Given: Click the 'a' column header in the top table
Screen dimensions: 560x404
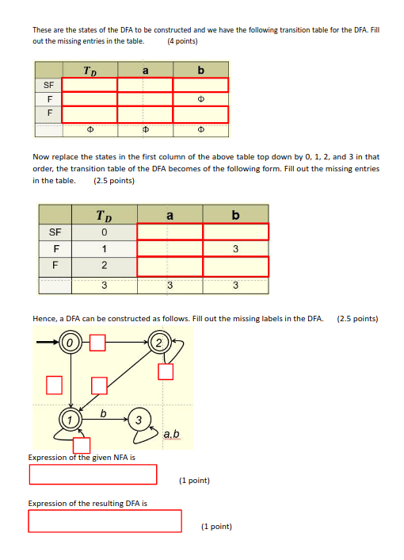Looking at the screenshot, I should coord(145,71).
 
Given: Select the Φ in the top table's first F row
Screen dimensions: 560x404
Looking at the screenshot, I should coord(200,100).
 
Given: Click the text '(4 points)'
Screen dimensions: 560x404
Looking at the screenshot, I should coord(183,40).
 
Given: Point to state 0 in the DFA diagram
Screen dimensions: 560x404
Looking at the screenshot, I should coord(71,343).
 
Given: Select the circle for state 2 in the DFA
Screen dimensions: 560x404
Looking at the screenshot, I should coord(158,343).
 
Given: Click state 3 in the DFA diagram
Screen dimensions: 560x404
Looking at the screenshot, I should coord(139,418).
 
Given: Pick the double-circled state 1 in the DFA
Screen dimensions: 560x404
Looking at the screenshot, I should coord(71,418).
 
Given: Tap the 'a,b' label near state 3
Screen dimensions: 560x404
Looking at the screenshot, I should coord(171,434).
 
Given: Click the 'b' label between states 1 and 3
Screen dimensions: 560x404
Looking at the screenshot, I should coord(104,412).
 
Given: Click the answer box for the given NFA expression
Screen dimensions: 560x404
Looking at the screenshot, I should coord(93,474).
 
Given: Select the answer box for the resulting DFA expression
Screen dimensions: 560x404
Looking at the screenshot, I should coord(105,520).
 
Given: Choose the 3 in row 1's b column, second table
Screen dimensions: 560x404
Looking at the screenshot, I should coord(235,249).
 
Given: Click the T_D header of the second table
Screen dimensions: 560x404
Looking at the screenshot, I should coord(104,215).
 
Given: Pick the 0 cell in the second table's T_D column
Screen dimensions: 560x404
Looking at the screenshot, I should coord(104,232).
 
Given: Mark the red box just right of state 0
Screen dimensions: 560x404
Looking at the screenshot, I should coord(97,343).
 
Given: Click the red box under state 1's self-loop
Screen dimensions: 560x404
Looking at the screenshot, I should coord(82,447).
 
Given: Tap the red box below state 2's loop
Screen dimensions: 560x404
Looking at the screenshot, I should coord(166,371).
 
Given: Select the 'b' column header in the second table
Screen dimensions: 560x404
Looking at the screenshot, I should coord(235,215).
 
